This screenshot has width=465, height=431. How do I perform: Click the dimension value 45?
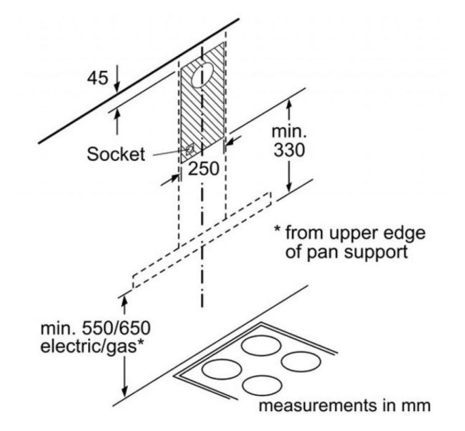(x=98, y=78)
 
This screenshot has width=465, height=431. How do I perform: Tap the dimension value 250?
(x=202, y=169)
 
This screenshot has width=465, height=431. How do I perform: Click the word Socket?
(x=116, y=154)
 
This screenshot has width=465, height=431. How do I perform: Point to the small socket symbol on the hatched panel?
(x=189, y=148)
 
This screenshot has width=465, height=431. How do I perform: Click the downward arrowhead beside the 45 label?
(x=117, y=86)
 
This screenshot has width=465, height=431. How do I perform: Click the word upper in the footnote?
(x=353, y=233)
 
